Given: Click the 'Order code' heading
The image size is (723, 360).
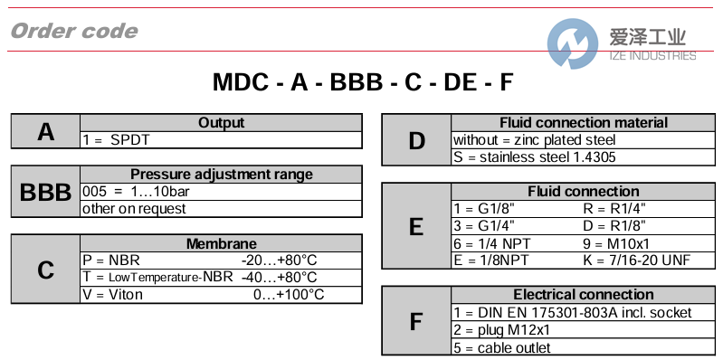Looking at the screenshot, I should point(74,32).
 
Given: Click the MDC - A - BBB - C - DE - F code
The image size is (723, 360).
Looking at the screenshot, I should point(362,83).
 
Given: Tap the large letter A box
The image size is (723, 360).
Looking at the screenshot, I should point(45,132).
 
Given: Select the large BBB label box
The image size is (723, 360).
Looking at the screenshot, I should point(45,192).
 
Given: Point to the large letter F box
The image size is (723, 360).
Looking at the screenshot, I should point(416,321).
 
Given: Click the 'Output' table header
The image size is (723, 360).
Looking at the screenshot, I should point(221,123).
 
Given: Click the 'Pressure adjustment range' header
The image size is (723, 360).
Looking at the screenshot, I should point(221,175).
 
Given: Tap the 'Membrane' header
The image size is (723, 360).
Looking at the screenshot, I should point(221,243).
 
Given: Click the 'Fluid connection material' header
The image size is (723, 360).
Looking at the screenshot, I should point(584,123).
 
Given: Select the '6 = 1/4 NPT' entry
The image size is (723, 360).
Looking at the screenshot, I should point(490,243).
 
